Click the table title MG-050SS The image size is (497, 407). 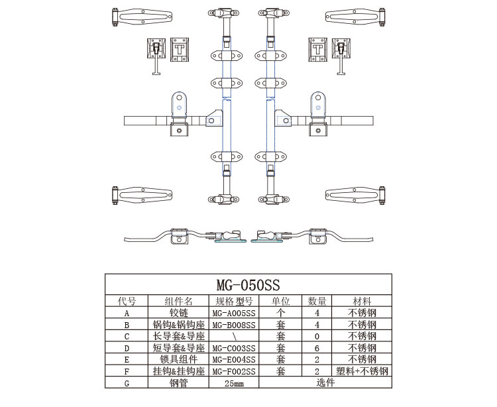pos(248,284)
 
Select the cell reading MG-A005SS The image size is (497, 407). pos(234,313)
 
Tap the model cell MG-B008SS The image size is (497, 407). pos(234,325)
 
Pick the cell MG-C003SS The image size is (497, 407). pos(234,348)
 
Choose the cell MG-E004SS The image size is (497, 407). pos(234,359)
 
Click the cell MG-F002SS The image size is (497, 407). pos(234,371)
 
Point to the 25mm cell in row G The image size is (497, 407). pos(234,383)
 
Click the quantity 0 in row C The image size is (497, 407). pos(317,336)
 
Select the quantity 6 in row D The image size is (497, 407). pos(317,348)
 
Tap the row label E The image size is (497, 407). pos(127,360)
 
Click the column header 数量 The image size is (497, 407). pos(317,301)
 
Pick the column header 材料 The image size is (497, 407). pos(362,301)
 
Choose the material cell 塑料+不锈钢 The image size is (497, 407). pos(362,371)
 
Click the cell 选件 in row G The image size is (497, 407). pos(325,382)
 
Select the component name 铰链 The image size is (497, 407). pos(178,313)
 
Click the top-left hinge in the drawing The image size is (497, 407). pos(142,17)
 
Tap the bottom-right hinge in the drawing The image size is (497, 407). pos(355,196)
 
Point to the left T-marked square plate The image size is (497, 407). pos(180,50)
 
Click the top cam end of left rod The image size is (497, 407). pos(223,13)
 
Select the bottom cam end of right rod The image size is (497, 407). pos(274,200)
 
